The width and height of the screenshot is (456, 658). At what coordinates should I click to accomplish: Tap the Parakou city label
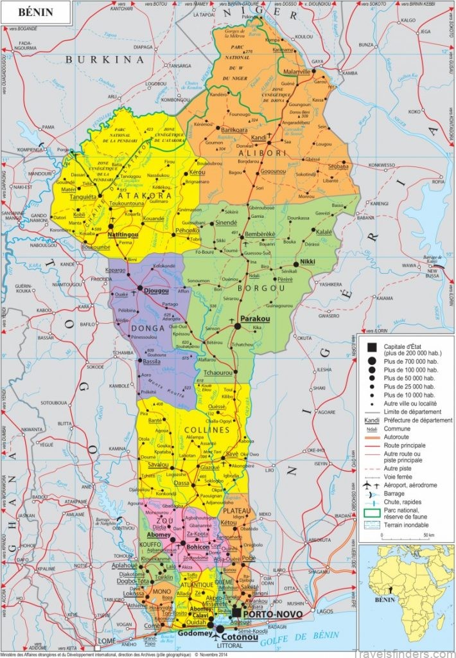click(x=254, y=319)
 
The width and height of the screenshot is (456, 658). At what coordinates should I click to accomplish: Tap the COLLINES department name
click(x=206, y=429)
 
